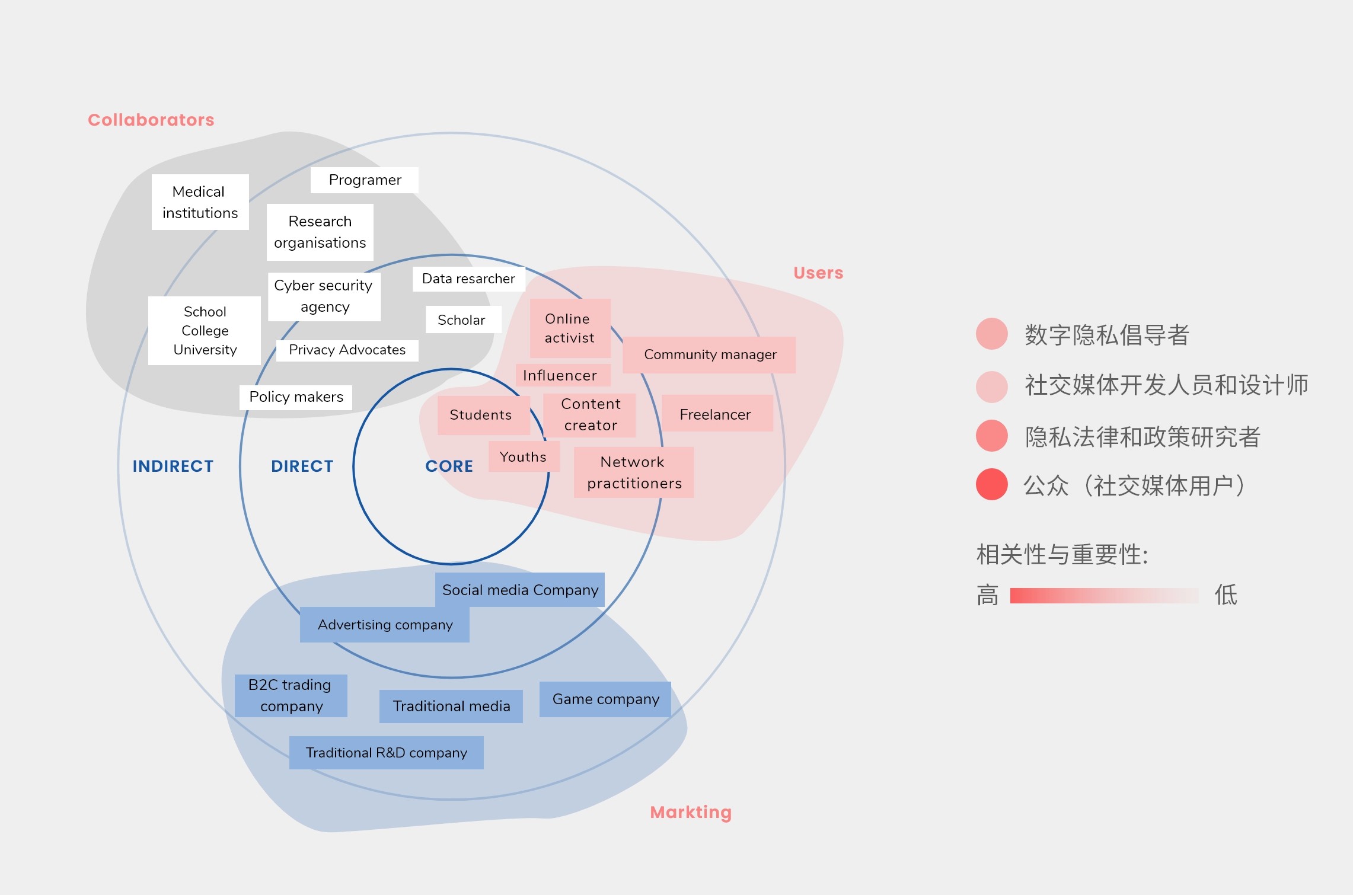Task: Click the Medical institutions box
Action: click(x=200, y=202)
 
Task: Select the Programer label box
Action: click(x=365, y=180)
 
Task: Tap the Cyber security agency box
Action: click(x=324, y=296)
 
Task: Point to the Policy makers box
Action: click(x=296, y=397)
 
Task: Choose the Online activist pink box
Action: click(x=570, y=328)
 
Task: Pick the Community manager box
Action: click(x=709, y=354)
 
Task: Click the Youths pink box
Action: click(x=524, y=456)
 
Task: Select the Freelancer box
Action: click(x=716, y=414)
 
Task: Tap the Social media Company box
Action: click(x=520, y=590)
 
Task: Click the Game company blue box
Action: click(x=605, y=699)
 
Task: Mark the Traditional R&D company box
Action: click(x=386, y=753)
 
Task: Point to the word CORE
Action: click(x=449, y=466)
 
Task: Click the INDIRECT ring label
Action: click(x=173, y=466)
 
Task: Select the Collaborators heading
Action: click(x=151, y=120)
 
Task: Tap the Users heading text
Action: click(x=818, y=273)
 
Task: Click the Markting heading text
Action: click(x=691, y=812)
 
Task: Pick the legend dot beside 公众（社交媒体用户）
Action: click(x=991, y=484)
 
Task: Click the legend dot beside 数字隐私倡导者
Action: click(x=991, y=334)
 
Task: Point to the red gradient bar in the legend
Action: click(x=1104, y=595)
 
